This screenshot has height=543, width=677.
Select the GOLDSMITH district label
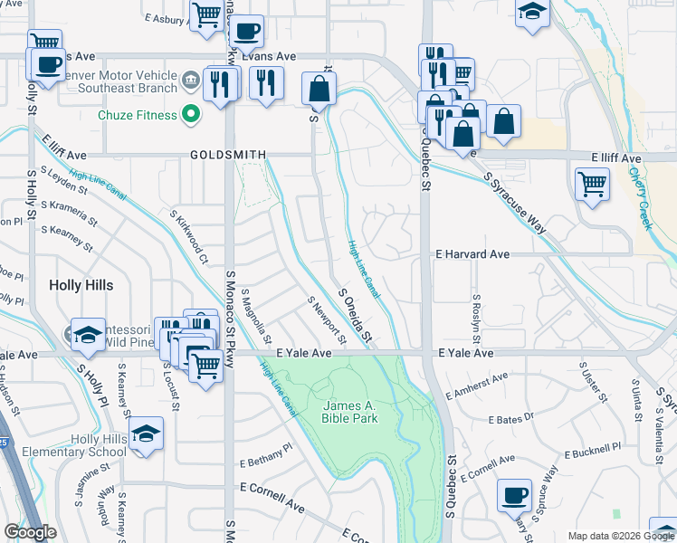(x=228, y=155)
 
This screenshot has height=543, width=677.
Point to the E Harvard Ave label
(x=472, y=255)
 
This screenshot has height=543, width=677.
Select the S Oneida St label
(x=356, y=315)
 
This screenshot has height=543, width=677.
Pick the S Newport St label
(x=328, y=321)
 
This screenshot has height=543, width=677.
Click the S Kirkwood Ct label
(x=190, y=237)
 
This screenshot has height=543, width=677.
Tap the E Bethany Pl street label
(x=266, y=455)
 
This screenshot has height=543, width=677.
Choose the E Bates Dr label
(x=511, y=417)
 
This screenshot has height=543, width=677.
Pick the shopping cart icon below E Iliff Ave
(x=592, y=184)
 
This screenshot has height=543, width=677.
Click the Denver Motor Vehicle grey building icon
(x=191, y=80)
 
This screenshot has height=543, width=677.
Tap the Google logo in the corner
(x=30, y=532)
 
